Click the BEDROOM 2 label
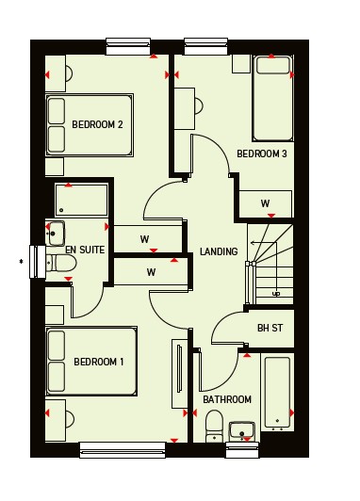(x=97, y=124)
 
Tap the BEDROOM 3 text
(x=262, y=154)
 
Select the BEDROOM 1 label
(x=99, y=362)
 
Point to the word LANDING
(x=219, y=251)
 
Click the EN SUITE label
(x=85, y=250)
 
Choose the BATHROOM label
(x=227, y=399)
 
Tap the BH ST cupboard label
(x=270, y=328)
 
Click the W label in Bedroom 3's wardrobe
(x=265, y=203)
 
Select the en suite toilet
(x=61, y=264)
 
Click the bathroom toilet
(x=215, y=427)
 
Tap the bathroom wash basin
(x=242, y=431)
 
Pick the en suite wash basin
(x=55, y=234)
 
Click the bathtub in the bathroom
(x=277, y=393)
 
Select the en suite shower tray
(x=82, y=200)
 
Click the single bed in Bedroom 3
(x=272, y=98)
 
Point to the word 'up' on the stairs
(x=276, y=293)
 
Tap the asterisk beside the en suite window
(x=21, y=262)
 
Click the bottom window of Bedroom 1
(x=123, y=450)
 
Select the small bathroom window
(x=241, y=450)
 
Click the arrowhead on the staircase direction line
(x=253, y=243)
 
